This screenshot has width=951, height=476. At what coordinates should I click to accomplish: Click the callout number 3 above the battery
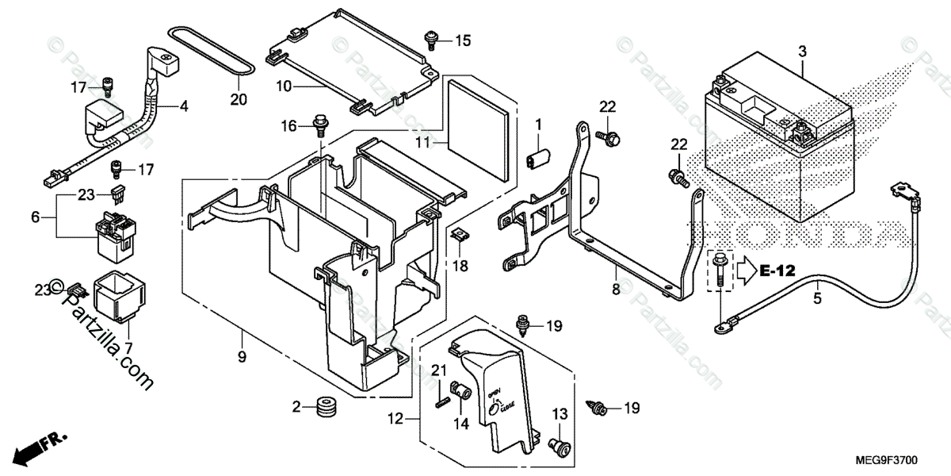click(802, 52)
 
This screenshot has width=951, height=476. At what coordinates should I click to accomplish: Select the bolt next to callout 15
click(433, 37)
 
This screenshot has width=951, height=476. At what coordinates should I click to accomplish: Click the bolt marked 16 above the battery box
click(320, 125)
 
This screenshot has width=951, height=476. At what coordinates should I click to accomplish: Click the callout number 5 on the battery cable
click(816, 299)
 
